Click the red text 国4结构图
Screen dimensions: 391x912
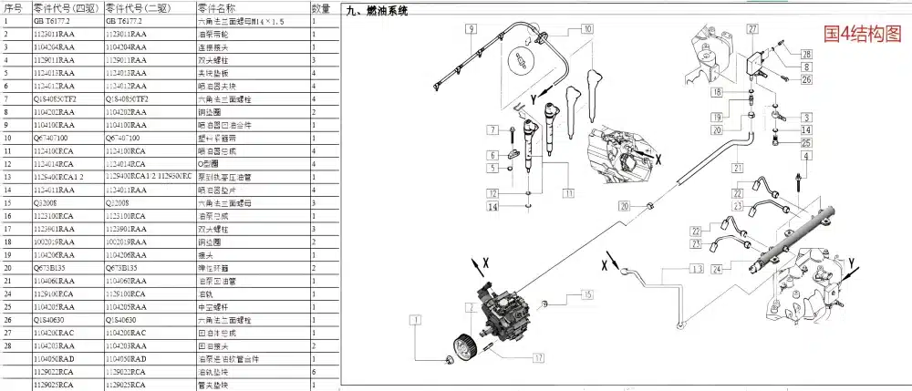[x=862, y=34]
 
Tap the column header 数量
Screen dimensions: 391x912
[x=321, y=7]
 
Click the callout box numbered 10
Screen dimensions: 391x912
[x=586, y=29]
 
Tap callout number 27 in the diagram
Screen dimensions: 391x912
[x=752, y=29]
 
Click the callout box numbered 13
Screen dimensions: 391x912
[x=698, y=270]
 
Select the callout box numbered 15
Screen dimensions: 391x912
[x=586, y=294]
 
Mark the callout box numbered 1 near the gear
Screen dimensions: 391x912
[x=416, y=321]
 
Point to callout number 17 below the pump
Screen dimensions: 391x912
[x=539, y=357]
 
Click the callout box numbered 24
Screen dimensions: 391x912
[x=718, y=269]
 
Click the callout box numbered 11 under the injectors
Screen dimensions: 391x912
[x=569, y=193]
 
